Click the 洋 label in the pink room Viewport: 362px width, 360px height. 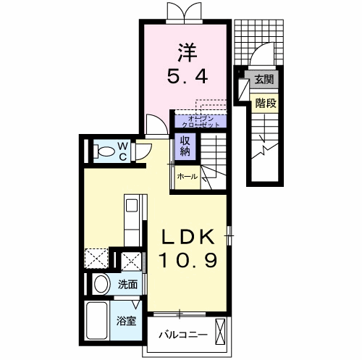(188, 53)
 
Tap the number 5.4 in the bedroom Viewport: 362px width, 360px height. (188, 76)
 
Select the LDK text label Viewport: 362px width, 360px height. (188, 236)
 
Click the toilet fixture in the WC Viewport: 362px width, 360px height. (104, 151)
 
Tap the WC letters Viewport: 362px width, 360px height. (123, 151)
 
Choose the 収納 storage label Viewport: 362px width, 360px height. (185, 146)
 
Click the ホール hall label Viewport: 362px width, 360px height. (188, 177)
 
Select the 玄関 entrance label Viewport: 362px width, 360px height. (264, 79)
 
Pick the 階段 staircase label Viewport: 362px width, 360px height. (266, 104)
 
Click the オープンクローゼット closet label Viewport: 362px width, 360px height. (201, 122)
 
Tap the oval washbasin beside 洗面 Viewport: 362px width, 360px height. (102, 284)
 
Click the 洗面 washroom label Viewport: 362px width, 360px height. (127, 285)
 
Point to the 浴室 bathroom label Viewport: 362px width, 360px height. (126, 321)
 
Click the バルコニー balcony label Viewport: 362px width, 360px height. (183, 335)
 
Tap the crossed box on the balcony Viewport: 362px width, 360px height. (219, 332)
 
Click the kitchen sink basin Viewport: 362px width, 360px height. (132, 206)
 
